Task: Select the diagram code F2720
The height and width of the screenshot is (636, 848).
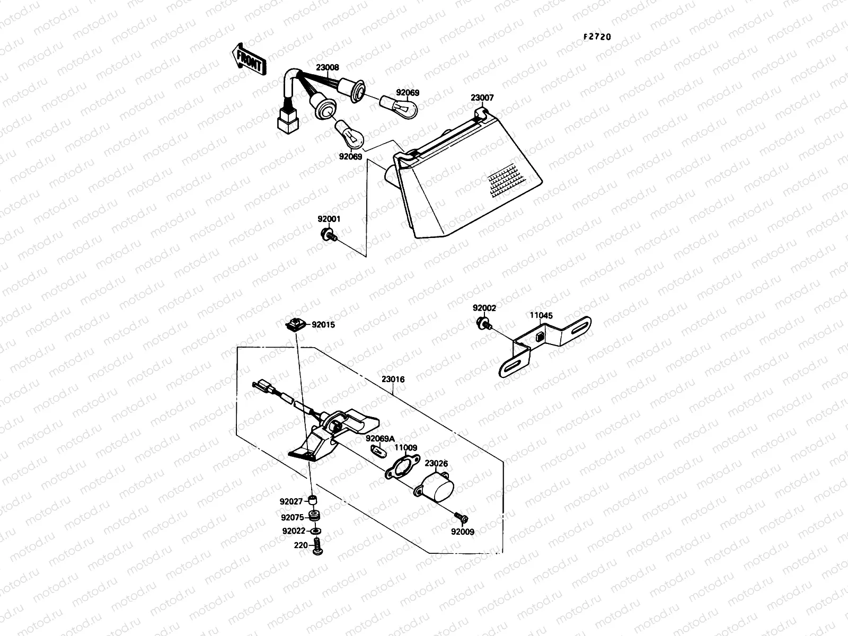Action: (597, 37)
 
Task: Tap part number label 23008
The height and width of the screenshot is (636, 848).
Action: (328, 68)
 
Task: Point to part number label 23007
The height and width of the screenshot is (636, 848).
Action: (482, 98)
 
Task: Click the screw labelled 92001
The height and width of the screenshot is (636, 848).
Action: (328, 235)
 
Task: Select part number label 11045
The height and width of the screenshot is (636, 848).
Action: (541, 315)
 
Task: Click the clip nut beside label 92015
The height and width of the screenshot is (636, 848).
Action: (295, 324)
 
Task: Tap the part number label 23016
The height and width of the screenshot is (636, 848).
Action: (393, 379)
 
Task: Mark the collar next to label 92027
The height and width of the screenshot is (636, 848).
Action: (313, 500)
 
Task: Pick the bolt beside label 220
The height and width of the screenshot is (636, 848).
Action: (317, 546)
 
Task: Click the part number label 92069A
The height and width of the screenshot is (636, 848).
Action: (380, 438)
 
